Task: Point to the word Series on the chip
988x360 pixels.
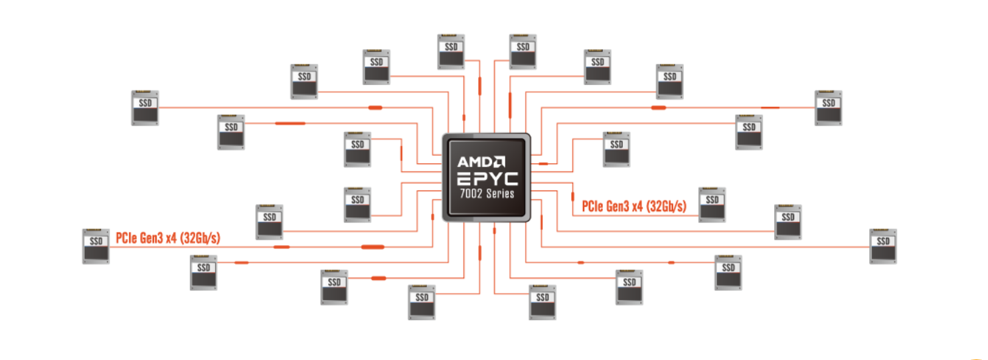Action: [501, 195]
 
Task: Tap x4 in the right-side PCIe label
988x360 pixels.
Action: [637, 207]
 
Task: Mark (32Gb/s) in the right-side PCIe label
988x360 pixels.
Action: [667, 207]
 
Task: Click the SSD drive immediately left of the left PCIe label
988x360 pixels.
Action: [96, 246]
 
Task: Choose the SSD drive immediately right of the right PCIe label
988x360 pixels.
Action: [712, 204]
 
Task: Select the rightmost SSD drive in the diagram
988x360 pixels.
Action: [883, 246]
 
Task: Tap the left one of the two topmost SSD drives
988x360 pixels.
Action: [452, 51]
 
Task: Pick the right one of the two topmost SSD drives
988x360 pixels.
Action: [523, 51]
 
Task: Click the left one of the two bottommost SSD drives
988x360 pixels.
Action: [422, 302]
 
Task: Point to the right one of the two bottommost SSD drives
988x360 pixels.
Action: [542, 302]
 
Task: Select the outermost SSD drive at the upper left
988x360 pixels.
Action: [145, 108]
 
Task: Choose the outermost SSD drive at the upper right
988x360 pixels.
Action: [829, 107]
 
